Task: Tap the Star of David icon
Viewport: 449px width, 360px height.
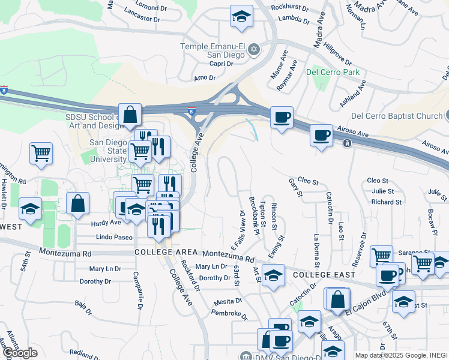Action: click(254, 49)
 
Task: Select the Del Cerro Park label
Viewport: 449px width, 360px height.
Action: click(333, 73)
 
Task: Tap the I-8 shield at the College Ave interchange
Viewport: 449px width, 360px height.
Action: click(191, 110)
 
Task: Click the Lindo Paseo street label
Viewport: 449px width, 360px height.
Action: click(114, 238)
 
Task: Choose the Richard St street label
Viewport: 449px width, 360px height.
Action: click(386, 202)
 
